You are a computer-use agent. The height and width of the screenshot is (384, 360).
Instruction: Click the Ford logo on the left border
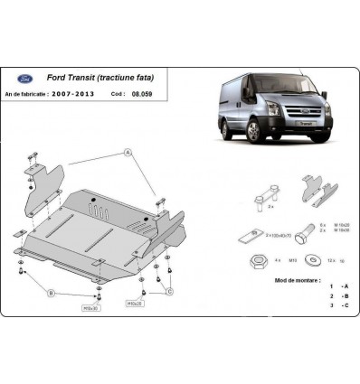point(17,233)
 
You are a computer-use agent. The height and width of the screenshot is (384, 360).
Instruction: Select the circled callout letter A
point(130,153)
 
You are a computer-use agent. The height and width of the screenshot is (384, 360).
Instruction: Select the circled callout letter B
point(51,293)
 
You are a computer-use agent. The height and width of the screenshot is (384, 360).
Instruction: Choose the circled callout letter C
point(170,291)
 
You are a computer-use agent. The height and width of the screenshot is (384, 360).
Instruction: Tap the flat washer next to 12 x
point(312,261)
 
